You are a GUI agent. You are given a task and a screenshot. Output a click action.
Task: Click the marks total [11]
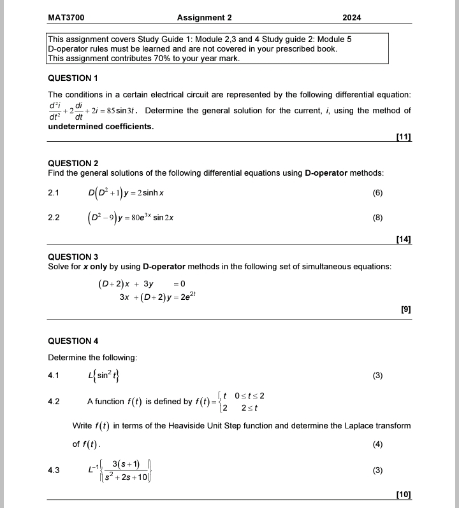tap(403, 138)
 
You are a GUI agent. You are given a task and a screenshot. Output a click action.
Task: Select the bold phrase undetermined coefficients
tap(101, 126)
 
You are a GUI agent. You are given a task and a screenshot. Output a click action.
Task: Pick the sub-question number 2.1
tap(54, 192)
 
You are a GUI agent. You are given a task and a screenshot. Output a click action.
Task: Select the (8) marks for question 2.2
tap(377, 218)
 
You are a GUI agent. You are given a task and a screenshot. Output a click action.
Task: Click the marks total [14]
tap(403, 239)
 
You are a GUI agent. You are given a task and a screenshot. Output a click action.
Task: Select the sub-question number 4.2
tap(54, 402)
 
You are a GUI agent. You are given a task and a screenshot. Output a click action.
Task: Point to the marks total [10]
tap(403, 494)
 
